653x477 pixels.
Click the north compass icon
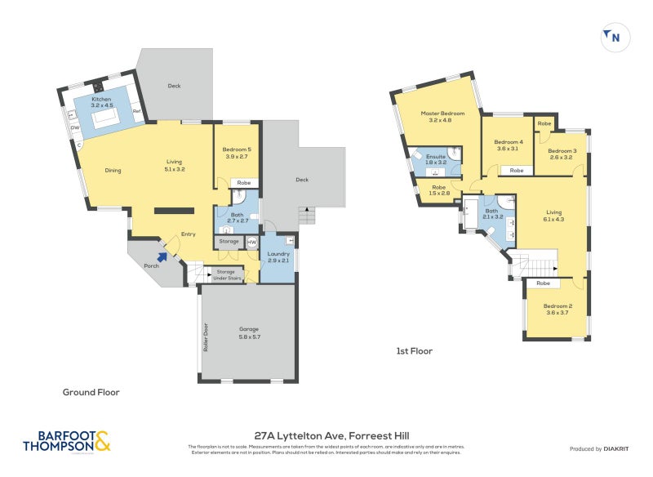pyautogui.click(x=613, y=36)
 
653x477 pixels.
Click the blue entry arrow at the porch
pyautogui.click(x=162, y=256)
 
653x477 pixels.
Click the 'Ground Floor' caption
pyautogui.click(x=91, y=392)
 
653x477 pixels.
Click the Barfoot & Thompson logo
pyautogui.click(x=68, y=441)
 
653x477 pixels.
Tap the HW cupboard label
pyautogui.click(x=251, y=242)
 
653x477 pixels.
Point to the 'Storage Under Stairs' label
pyautogui.click(x=225, y=274)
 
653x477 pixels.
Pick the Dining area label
pyautogui.click(x=113, y=171)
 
